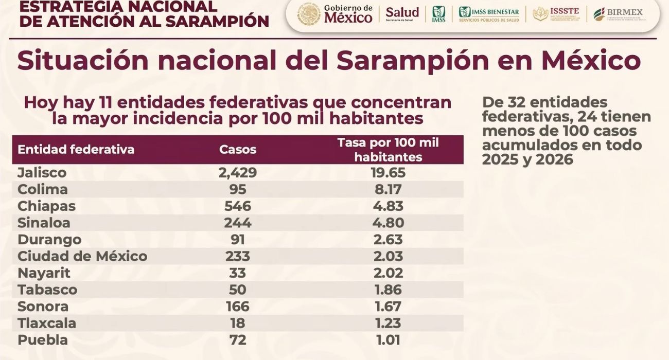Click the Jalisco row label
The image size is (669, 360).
[x=42, y=172]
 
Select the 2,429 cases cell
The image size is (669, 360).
[x=237, y=172]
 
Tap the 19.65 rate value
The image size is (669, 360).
[x=388, y=172]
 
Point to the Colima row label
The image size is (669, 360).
[x=43, y=189]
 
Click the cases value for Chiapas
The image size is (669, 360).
[x=237, y=206]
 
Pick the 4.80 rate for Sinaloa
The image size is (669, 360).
[x=388, y=223]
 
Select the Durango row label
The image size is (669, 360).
[x=49, y=240]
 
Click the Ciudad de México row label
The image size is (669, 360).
[x=82, y=256]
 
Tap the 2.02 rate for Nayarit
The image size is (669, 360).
[x=388, y=273]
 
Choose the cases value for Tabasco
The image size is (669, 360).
[x=237, y=290]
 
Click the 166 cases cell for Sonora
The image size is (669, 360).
[x=237, y=307]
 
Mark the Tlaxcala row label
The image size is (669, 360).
[x=47, y=323]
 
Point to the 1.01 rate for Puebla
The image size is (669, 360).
[x=388, y=340]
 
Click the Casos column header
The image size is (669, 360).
[x=237, y=150]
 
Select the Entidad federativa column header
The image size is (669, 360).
[x=76, y=150]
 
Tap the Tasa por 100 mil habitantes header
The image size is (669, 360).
[x=388, y=150]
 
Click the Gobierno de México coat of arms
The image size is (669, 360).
[x=309, y=14]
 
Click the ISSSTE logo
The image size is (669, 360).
[x=556, y=14]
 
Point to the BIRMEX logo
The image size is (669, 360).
[x=618, y=14]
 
